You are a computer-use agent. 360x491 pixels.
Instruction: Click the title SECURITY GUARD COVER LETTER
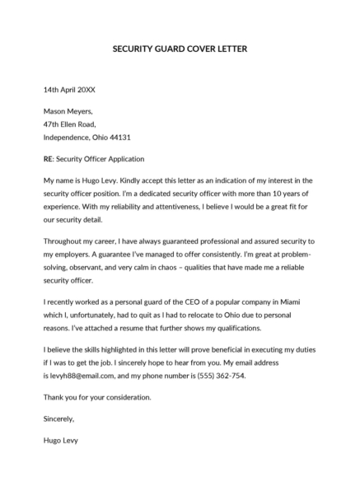point(179,49)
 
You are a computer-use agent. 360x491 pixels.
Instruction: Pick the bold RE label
point(48,158)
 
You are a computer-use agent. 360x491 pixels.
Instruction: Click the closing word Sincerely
point(60,419)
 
